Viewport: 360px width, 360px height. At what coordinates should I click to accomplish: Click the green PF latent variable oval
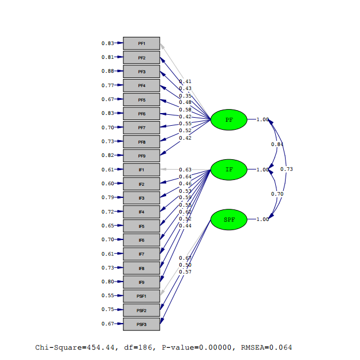[x=229, y=119]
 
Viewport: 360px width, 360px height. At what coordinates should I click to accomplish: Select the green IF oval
[x=229, y=170]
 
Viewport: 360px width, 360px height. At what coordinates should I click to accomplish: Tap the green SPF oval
[x=229, y=219]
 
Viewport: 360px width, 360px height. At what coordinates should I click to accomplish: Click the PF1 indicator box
[x=141, y=43]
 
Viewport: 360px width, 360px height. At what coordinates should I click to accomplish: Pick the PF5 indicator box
[x=141, y=99]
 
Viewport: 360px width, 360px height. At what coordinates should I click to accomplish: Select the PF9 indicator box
[x=141, y=156]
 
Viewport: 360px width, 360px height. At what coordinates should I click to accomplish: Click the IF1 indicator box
[x=141, y=170]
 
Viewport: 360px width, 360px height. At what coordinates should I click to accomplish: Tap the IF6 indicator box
[x=141, y=239]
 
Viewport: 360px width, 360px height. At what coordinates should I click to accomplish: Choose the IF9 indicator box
[x=141, y=282]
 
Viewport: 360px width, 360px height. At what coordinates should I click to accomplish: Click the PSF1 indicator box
[x=141, y=296]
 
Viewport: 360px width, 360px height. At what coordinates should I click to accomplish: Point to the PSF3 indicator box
[x=141, y=324]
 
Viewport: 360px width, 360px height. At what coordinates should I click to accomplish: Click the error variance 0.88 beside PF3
[x=107, y=72]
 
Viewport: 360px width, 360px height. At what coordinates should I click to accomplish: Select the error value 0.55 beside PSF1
[x=107, y=296]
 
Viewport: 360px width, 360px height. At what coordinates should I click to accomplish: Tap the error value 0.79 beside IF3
[x=107, y=198]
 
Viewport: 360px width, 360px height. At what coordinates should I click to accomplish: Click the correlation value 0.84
[x=277, y=144]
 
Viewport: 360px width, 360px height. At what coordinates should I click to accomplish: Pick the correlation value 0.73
[x=287, y=169]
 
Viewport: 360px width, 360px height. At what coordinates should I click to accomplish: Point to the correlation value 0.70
[x=277, y=194]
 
